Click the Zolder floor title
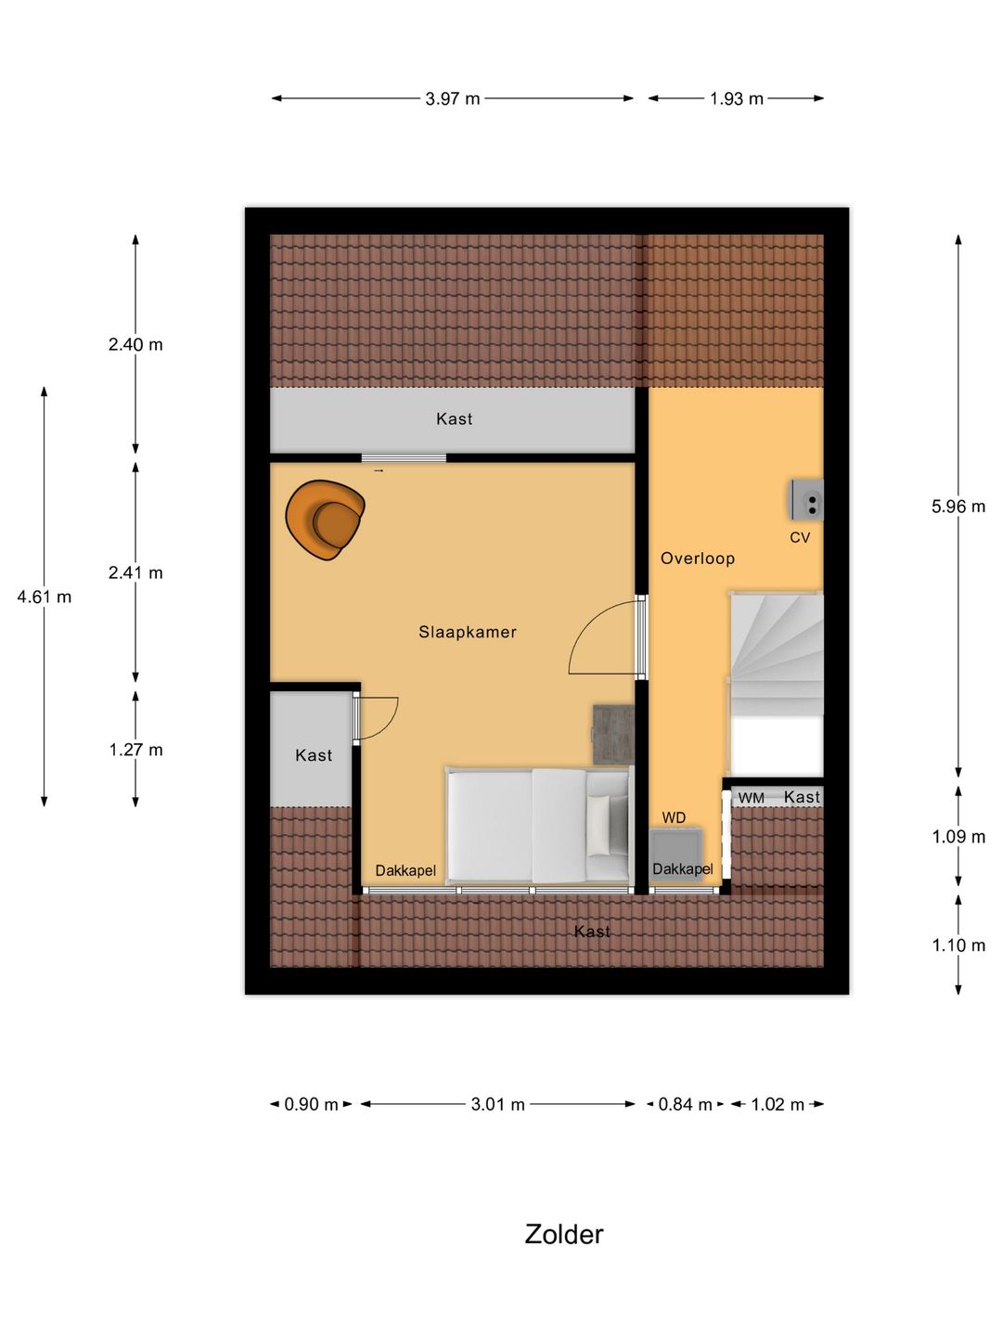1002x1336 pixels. [564, 1234]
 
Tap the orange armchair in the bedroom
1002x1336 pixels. [325, 520]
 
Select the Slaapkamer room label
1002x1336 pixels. [468, 632]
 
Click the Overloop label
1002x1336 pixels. [698, 558]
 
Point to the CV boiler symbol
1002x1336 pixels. [806, 500]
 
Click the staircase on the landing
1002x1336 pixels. [777, 654]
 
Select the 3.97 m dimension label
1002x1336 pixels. [453, 98]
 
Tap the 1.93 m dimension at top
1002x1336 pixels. [737, 98]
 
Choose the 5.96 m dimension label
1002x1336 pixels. [958, 507]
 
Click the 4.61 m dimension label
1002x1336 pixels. [45, 597]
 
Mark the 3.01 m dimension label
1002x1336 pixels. [498, 1104]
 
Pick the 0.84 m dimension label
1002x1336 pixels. [685, 1104]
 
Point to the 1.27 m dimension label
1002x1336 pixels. [135, 750]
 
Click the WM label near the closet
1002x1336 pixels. [751, 798]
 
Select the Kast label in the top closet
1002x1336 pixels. [455, 419]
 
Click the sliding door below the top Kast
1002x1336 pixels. [404, 457]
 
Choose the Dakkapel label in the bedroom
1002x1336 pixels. [405, 870]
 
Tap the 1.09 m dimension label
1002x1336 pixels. [958, 837]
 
